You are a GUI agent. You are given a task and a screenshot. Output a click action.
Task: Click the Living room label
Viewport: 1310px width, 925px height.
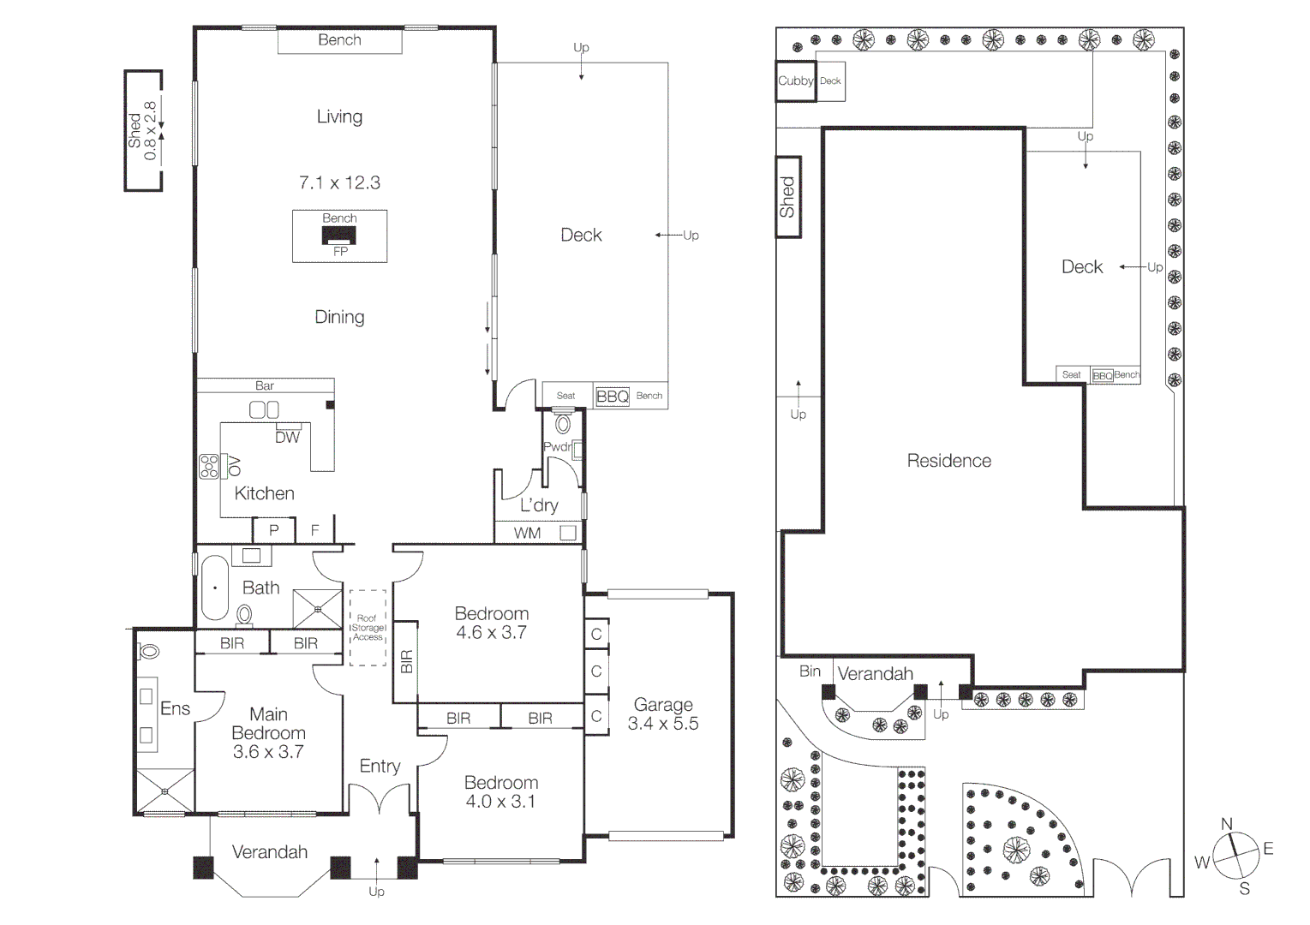(x=339, y=116)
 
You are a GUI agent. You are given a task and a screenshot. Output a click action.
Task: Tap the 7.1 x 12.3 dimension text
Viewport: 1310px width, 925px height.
(x=339, y=182)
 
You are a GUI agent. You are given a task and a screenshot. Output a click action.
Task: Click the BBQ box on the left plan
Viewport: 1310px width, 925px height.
(x=613, y=396)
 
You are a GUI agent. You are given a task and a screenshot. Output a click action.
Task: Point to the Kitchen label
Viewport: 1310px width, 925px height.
(x=264, y=493)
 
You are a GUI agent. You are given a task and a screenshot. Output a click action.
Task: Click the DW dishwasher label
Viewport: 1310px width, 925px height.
(x=288, y=437)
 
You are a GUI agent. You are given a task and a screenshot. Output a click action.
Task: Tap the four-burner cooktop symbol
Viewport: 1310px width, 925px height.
(x=209, y=466)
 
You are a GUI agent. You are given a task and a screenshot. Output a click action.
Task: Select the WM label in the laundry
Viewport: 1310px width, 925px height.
(x=527, y=533)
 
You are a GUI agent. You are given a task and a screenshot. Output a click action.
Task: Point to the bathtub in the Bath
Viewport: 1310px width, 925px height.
(x=215, y=588)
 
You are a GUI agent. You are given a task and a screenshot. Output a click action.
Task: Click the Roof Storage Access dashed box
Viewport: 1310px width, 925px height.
(x=368, y=628)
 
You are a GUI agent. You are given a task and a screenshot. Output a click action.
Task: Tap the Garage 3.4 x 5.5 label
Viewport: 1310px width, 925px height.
(x=662, y=713)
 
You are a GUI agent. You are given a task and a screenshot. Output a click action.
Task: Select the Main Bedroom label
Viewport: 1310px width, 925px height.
(x=268, y=732)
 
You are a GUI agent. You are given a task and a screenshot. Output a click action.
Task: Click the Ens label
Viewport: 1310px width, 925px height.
(x=175, y=708)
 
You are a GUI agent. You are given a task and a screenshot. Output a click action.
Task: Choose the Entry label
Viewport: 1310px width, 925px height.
(x=380, y=766)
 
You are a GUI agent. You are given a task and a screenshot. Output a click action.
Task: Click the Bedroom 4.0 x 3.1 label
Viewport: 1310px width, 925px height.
(x=500, y=791)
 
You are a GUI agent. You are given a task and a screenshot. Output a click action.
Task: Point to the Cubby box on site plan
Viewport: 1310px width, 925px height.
(x=795, y=81)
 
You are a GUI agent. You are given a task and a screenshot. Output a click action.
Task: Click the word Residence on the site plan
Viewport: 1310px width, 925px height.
(x=948, y=461)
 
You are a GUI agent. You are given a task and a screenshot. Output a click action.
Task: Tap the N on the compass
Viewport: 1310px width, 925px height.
(x=1227, y=824)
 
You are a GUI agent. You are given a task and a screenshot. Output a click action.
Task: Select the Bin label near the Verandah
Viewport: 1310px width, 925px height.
(x=810, y=671)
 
